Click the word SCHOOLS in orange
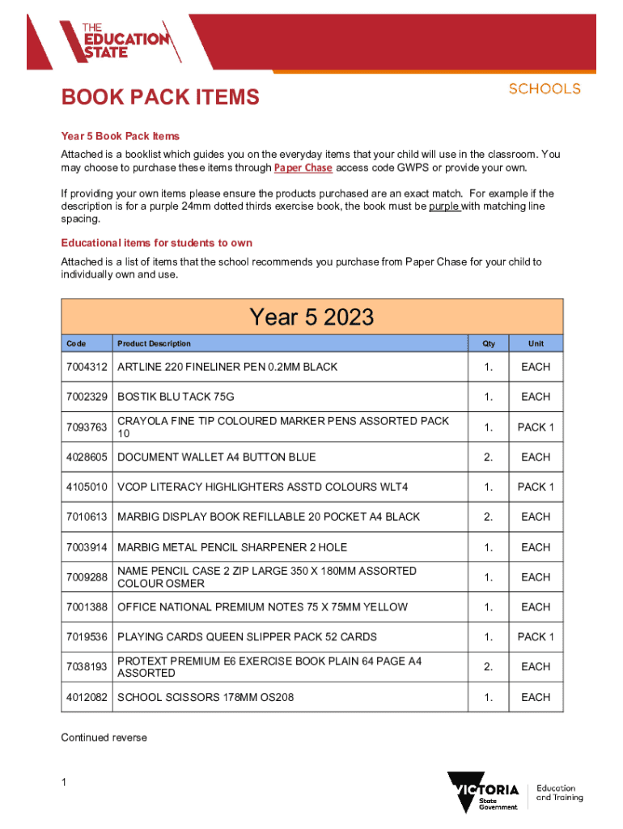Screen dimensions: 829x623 pos(545,88)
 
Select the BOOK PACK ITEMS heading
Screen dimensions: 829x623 pos(160,98)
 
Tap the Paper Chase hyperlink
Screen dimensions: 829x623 pos(303,168)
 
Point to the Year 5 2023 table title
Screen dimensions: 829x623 pos(311,317)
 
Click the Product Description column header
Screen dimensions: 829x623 pos(154,343)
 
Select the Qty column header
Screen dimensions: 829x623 pos(489,343)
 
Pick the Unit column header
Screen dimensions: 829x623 pos(536,343)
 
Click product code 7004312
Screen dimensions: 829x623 pos(87,367)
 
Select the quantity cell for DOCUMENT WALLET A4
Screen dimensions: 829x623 pos(489,457)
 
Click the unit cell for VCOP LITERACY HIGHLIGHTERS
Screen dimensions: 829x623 pos(536,487)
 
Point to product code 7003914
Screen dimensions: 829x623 pos(87,547)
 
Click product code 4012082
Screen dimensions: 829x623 pos(87,697)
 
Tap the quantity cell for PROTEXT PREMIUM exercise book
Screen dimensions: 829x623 pos(489,667)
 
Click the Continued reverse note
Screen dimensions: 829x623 pos(104,738)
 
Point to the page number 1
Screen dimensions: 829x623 pos(65,782)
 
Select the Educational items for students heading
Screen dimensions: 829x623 pos(157,243)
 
